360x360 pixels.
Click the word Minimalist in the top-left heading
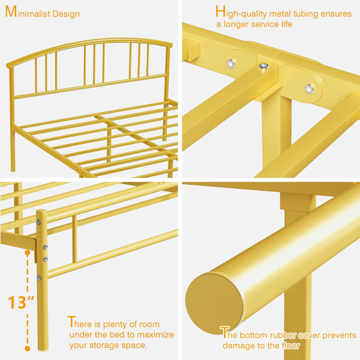28,12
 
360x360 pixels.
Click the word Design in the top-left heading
66,14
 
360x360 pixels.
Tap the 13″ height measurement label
20,302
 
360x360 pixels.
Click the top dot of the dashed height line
28,253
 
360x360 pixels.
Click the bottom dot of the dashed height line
28,349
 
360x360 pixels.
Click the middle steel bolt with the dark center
264,66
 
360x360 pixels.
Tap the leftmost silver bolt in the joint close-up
230,63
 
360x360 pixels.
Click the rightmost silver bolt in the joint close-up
310,89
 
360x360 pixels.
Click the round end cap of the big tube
214,303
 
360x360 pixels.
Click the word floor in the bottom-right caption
292,346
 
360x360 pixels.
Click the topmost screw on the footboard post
38,222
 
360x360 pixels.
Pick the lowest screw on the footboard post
39,278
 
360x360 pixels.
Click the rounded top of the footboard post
41,212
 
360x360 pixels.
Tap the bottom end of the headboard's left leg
13,169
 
